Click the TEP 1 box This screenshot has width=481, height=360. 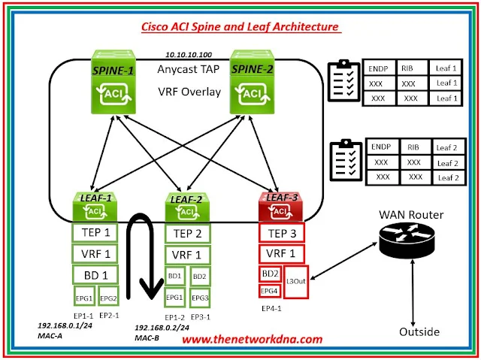coord(95,232)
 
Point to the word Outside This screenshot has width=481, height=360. coord(419,331)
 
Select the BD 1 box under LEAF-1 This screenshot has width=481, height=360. coord(95,274)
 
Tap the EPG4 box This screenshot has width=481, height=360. coord(269,291)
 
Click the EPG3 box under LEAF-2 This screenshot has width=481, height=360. coord(200,298)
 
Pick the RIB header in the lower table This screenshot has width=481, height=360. coord(413,146)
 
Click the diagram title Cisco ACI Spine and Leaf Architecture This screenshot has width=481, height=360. coord(240,27)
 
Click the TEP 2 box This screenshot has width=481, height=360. coord(188,233)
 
